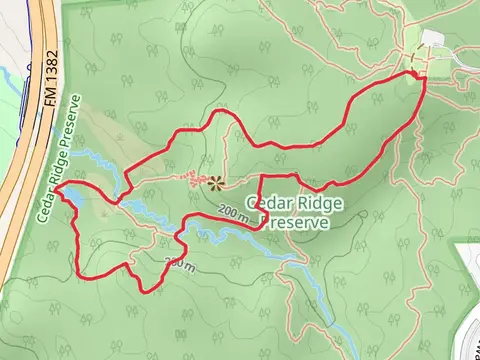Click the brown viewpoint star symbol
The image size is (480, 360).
click(x=214, y=182)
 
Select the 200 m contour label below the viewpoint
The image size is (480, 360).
click(x=233, y=212)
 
